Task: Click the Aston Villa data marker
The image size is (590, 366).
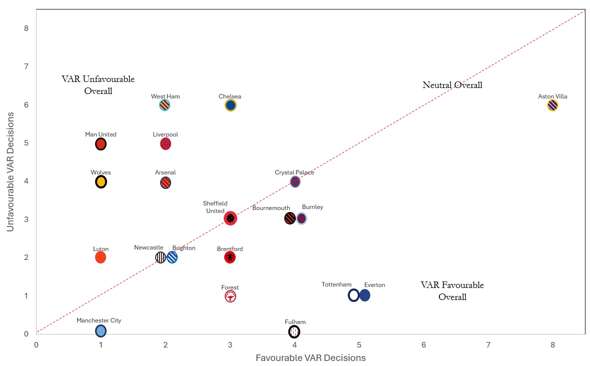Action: click(552, 105)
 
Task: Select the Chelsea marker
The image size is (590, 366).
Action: click(230, 105)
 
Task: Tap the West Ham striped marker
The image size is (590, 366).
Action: click(165, 105)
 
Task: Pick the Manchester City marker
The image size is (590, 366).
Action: click(101, 330)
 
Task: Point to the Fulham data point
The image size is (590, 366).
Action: click(294, 331)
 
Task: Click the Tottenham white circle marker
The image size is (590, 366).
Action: click(354, 295)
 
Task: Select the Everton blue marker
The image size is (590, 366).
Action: click(365, 295)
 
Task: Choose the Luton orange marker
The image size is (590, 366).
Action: click(101, 257)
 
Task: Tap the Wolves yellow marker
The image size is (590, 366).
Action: click(101, 182)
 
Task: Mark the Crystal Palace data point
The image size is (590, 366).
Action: click(295, 181)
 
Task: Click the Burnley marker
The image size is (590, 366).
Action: click(301, 218)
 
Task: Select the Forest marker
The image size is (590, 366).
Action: click(230, 296)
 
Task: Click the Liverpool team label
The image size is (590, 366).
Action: click(165, 134)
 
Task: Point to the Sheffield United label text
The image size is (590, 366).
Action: click(215, 207)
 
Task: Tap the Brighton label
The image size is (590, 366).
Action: click(184, 248)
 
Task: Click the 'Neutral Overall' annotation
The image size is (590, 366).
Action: click(452, 85)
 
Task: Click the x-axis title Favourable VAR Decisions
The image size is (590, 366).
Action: click(310, 357)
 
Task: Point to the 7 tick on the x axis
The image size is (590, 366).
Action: click(488, 344)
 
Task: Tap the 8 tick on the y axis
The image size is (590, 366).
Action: click(26, 28)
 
